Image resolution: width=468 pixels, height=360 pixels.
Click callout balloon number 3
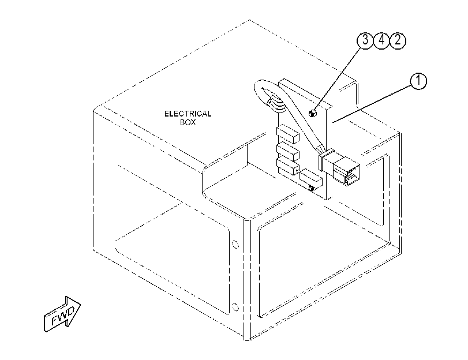click(x=365, y=40)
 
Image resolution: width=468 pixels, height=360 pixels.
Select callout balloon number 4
click(x=381, y=40)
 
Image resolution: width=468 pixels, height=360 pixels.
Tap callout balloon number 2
click(x=398, y=40)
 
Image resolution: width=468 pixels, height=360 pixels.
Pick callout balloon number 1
click(x=418, y=81)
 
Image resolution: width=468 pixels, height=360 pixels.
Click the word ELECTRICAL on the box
click(x=188, y=114)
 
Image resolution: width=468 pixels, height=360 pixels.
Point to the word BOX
click(x=188, y=122)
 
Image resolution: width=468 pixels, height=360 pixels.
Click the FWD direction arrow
click(x=62, y=314)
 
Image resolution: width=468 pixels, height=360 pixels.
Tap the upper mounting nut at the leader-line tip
click(x=312, y=113)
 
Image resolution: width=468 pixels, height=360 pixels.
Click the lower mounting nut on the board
click(x=312, y=188)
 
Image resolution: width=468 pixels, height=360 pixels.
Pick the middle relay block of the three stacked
click(x=288, y=152)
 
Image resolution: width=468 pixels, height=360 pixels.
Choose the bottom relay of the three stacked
click(x=288, y=167)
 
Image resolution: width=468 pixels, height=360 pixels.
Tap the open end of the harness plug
click(x=352, y=177)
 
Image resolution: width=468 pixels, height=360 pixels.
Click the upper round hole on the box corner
click(x=235, y=245)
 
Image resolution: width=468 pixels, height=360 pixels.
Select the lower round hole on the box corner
click(x=235, y=307)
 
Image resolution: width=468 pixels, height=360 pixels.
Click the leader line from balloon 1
click(x=372, y=104)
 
